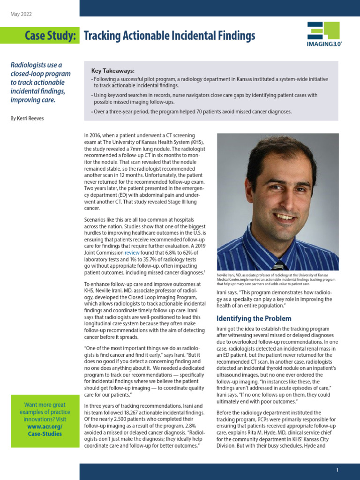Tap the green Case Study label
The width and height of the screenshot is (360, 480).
pos(51,36)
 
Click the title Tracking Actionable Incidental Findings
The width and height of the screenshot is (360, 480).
pos(169,36)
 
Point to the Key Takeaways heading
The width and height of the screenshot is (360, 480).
pos(112,70)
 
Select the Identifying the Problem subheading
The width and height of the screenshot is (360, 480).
pos(254,319)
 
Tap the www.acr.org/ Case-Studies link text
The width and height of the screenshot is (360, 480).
pos(45,430)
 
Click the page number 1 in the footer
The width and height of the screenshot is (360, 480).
pos(337,470)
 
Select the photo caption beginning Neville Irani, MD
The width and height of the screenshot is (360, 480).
pos(277,279)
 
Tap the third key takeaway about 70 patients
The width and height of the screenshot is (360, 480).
pos(192,112)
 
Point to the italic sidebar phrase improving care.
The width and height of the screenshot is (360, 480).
pos(33,100)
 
